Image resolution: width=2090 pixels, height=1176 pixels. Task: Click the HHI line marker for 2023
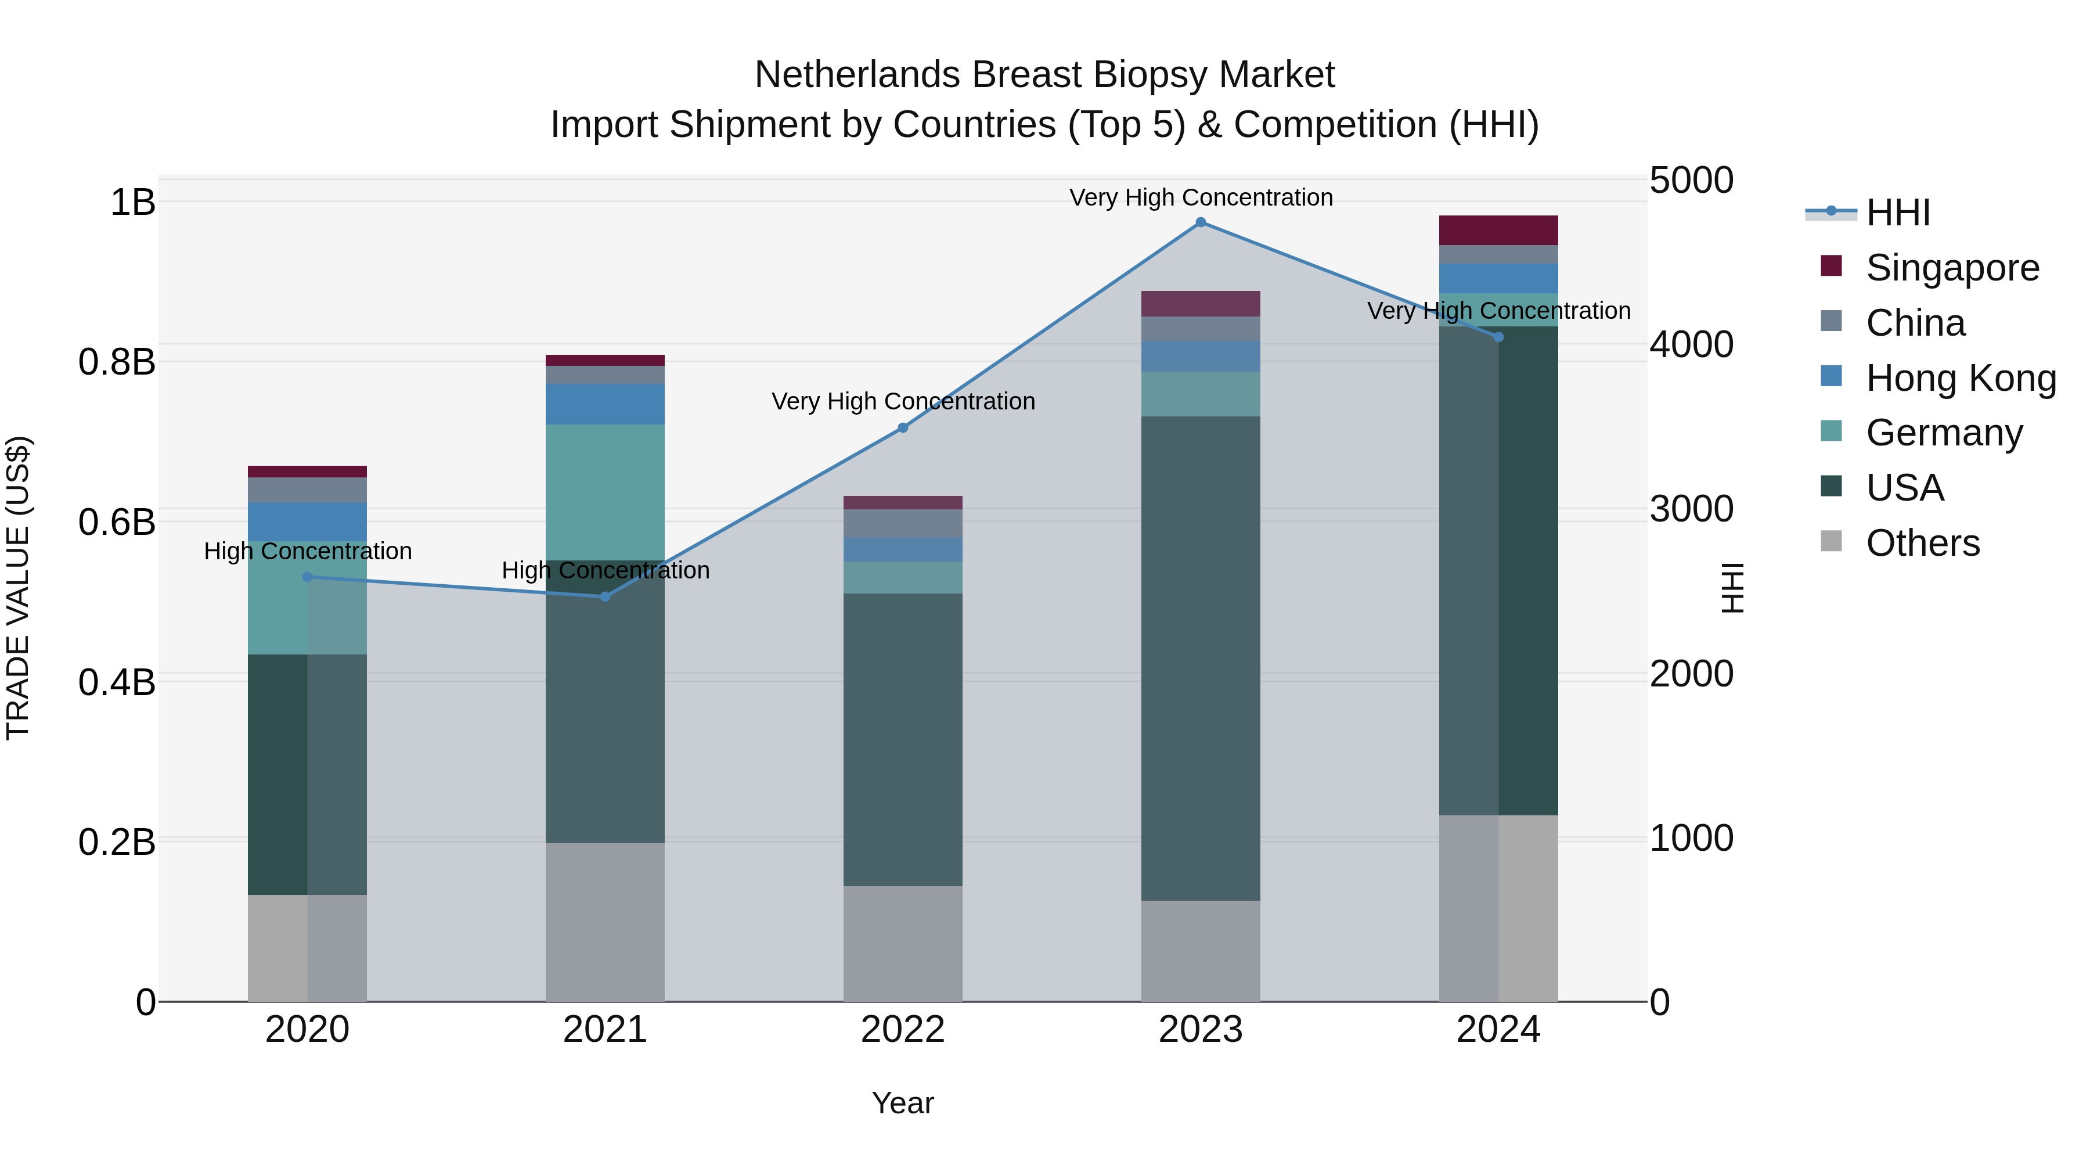coord(1201,222)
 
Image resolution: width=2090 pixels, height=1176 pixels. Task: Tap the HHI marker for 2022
coord(903,427)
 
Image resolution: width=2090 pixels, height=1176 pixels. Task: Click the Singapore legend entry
coord(1951,268)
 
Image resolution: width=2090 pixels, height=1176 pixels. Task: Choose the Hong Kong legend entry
coord(1960,378)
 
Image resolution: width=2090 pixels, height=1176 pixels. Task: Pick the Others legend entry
coord(1922,543)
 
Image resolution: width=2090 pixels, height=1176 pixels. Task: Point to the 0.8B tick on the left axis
coord(116,362)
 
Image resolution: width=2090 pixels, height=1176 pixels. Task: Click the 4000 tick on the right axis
coord(1692,345)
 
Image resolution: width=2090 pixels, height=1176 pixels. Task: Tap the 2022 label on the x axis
coord(902,1030)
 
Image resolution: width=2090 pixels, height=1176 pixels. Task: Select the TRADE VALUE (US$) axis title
coord(18,588)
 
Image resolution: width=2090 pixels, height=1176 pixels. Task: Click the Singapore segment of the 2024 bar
coord(1498,231)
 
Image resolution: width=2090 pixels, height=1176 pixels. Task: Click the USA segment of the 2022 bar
coord(902,739)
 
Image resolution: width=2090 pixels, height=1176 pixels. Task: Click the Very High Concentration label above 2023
coord(1201,197)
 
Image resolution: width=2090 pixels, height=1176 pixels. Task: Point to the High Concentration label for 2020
coord(308,551)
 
